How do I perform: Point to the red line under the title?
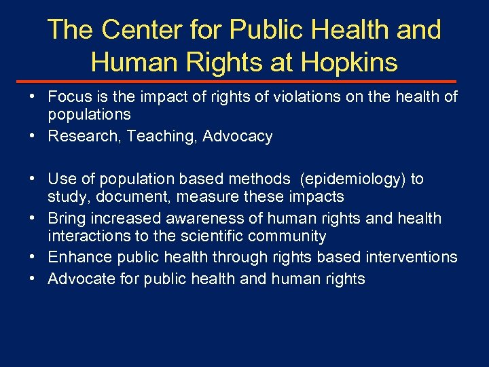[244, 80]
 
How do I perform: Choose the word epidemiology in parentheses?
[350, 179]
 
